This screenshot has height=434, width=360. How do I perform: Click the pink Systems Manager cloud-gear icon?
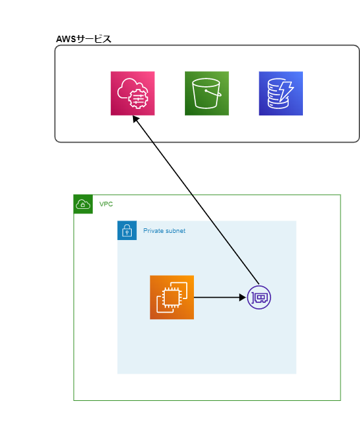tap(132, 93)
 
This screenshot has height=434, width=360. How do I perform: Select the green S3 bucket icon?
tap(207, 93)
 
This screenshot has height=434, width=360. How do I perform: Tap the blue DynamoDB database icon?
tap(281, 93)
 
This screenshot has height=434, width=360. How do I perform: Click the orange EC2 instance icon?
tap(172, 297)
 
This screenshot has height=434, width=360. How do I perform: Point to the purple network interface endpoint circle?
tap(259, 297)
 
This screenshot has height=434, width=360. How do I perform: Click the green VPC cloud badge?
tap(83, 204)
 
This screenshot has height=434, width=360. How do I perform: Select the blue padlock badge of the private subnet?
tap(127, 230)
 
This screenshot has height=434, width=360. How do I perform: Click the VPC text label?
tap(106, 204)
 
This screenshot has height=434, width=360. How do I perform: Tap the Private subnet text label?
tap(164, 230)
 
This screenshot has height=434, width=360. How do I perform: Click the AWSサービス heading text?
tap(84, 39)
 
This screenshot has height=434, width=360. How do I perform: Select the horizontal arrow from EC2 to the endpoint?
tap(220, 297)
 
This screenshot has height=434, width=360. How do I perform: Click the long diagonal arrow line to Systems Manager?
tap(196, 200)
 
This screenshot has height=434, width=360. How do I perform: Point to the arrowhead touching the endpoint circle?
tap(243, 297)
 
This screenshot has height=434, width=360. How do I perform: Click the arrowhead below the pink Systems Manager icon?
tap(136, 119)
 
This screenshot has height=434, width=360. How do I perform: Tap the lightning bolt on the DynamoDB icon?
tap(287, 91)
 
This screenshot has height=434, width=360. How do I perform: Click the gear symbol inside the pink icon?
tap(138, 97)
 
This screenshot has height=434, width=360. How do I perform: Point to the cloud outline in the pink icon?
tap(128, 89)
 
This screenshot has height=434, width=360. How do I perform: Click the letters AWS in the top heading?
tap(66, 39)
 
